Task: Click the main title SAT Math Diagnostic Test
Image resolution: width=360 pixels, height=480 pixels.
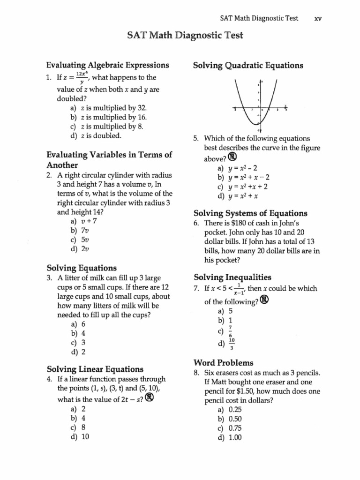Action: (180, 36)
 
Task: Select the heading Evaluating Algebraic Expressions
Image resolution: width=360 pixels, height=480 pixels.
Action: (107, 65)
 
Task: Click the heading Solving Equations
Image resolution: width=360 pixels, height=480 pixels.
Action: (82, 268)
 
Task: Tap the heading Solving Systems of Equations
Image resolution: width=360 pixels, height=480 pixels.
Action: (250, 213)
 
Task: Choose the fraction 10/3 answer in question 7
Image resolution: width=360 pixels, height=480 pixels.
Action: (231, 345)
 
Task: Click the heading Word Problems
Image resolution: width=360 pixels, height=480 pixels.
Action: (223, 363)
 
